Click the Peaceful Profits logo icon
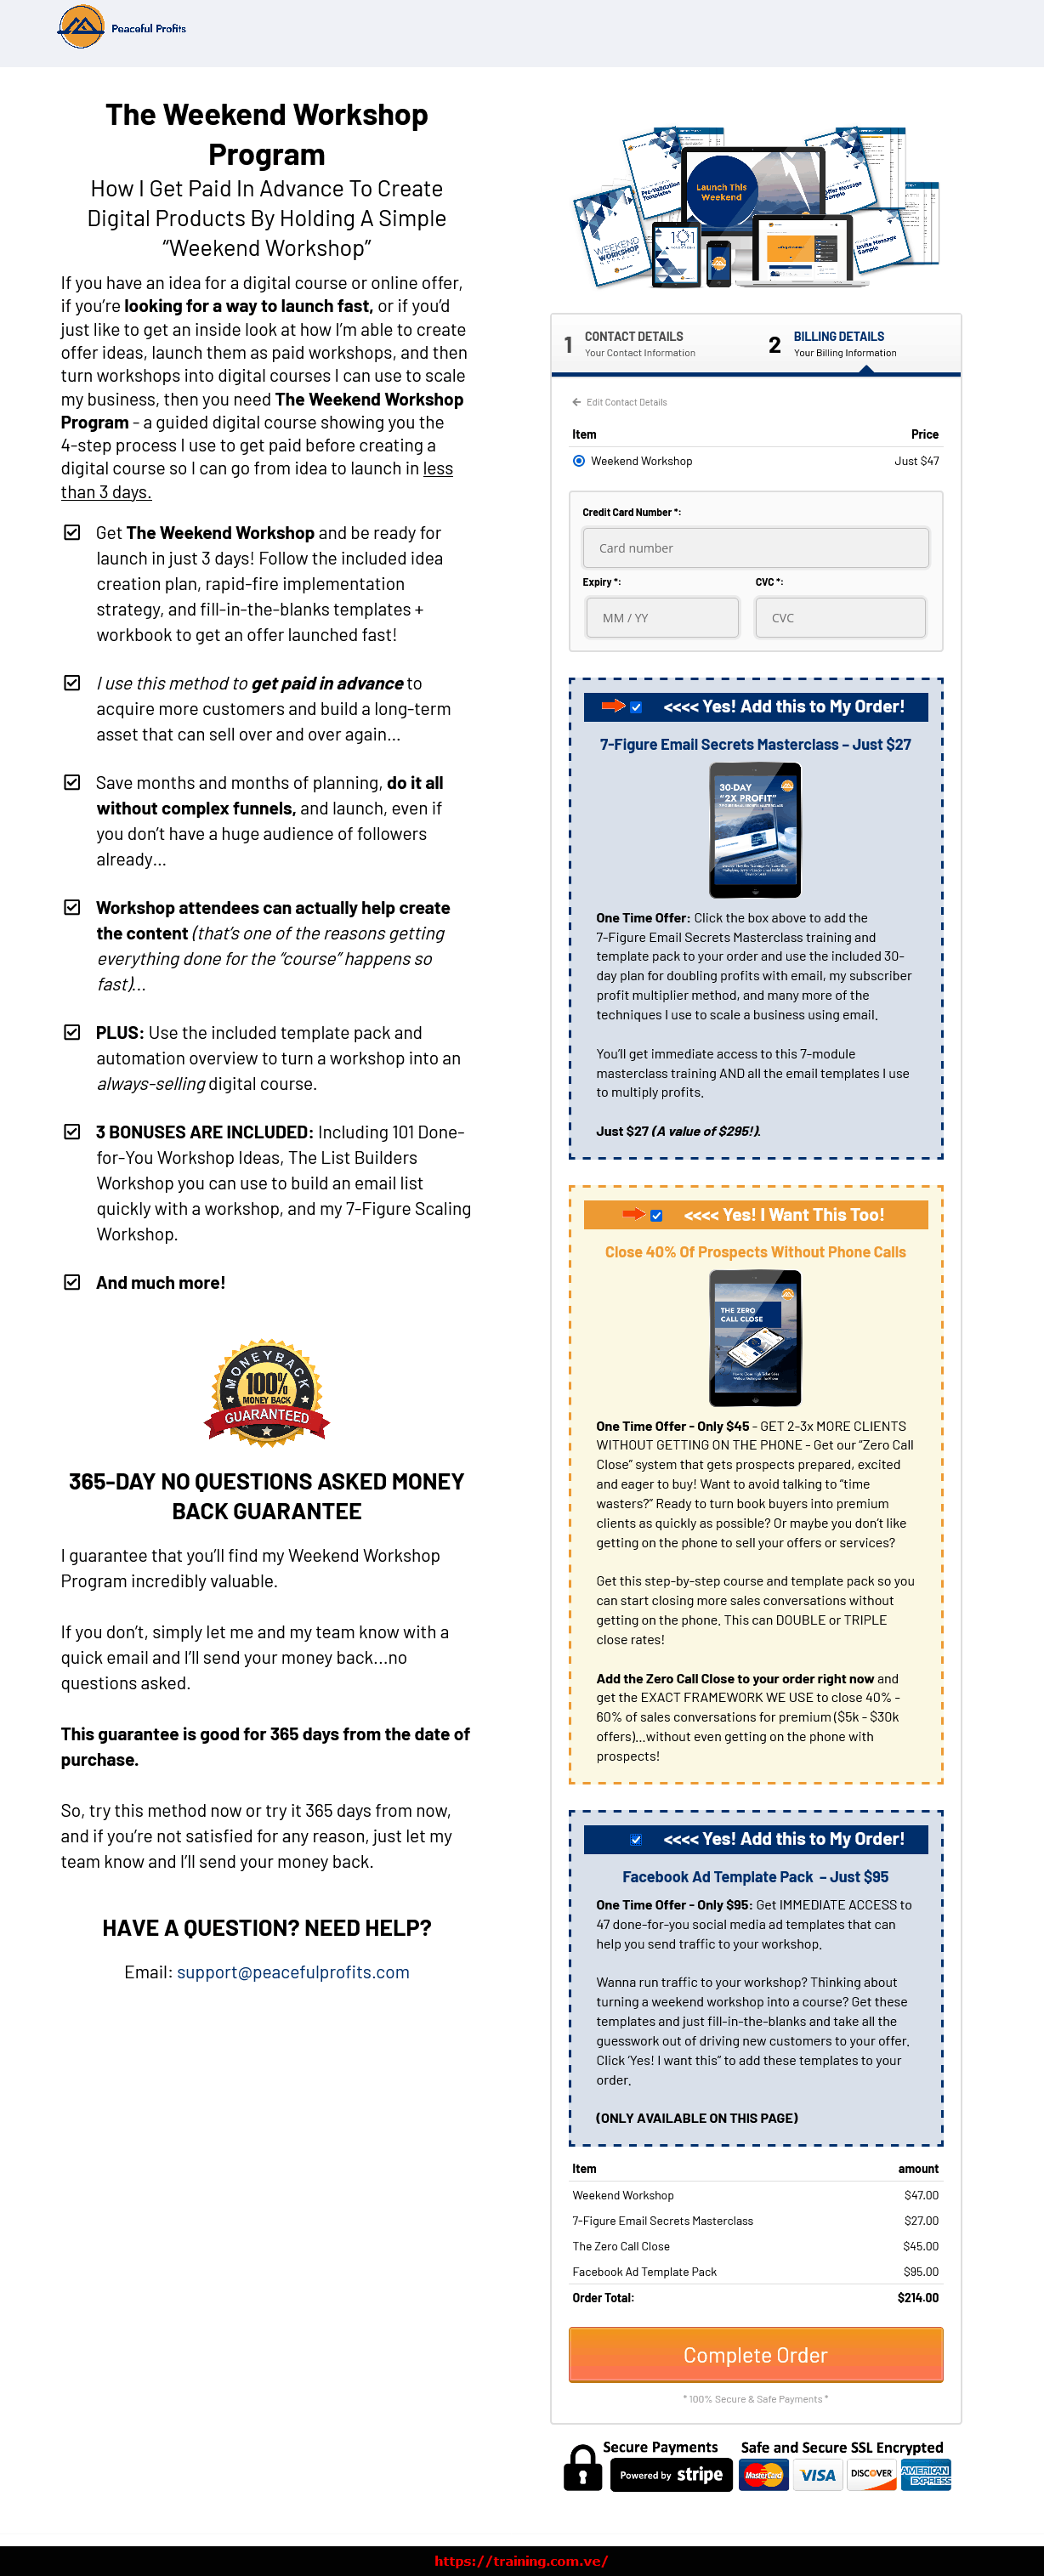(x=81, y=27)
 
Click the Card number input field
(x=755, y=548)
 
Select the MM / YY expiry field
(x=662, y=618)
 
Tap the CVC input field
(x=840, y=618)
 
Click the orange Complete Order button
(x=755, y=2355)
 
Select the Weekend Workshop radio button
(x=579, y=461)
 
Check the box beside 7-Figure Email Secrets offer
(x=636, y=707)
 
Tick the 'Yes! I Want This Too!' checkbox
(x=656, y=1215)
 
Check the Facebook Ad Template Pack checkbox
(x=636, y=1839)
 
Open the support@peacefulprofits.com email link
(x=293, y=1972)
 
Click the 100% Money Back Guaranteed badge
(x=267, y=1393)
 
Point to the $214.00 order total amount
(x=917, y=2298)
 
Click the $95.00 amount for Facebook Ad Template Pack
(x=920, y=2272)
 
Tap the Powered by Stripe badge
(x=671, y=2475)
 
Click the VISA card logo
(x=817, y=2475)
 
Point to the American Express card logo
(x=925, y=2475)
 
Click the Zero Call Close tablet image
(x=755, y=1337)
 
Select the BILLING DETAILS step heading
(x=838, y=337)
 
